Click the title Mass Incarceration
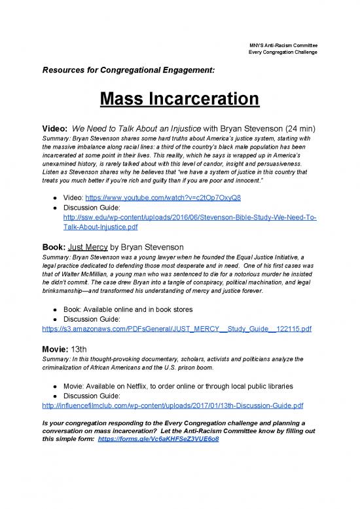(x=179, y=100)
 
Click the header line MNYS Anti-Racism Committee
(x=283, y=44)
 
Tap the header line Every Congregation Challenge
(x=283, y=52)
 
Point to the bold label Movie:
(x=56, y=347)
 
